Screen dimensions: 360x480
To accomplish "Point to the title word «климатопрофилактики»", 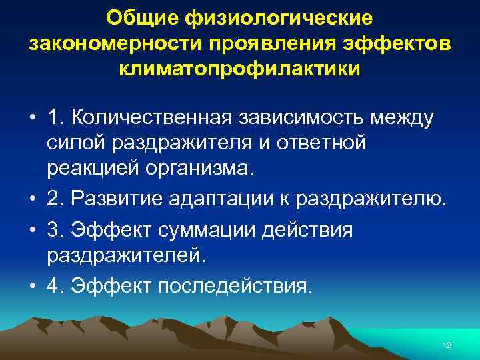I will point(240,69).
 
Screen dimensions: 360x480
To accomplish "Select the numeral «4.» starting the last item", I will point(55,286).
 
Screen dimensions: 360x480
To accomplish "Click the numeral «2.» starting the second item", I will point(55,199).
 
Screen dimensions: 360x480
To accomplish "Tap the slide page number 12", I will point(447,345).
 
